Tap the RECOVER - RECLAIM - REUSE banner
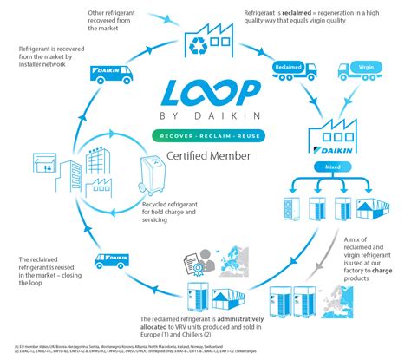(x=205, y=136)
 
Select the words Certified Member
(x=205, y=156)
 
